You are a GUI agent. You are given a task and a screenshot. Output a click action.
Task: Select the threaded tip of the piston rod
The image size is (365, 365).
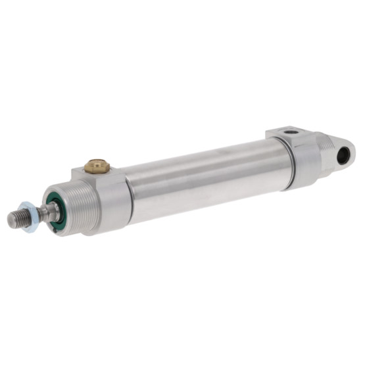tap(18, 218)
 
